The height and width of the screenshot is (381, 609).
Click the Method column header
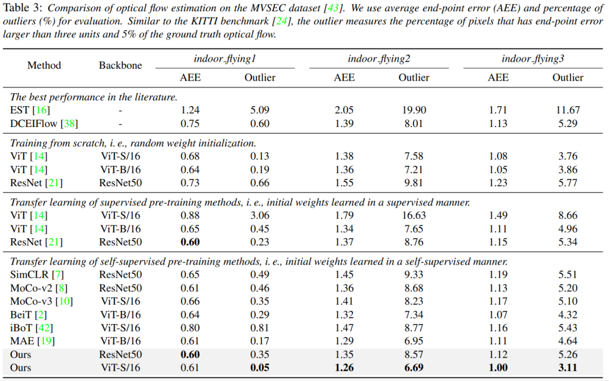44,65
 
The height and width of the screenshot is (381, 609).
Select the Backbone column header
121,65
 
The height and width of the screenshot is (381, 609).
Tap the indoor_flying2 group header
379,59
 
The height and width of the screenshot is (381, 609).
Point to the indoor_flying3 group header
532,59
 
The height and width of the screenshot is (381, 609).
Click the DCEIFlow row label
44,124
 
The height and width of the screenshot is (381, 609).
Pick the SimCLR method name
37,275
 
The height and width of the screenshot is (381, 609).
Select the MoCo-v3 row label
42,301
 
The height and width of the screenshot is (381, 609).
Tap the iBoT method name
32,328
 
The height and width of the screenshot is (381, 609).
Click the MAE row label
32,341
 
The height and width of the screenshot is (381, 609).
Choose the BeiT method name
28,314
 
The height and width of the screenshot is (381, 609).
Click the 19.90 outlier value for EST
414,111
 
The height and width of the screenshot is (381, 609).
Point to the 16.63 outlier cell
414,216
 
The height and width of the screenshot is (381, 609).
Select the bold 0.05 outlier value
260,368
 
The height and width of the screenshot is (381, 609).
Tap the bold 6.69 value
414,368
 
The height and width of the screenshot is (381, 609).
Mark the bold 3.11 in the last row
567,368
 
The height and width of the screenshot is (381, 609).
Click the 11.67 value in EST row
567,111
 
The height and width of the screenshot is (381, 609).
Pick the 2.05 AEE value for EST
344,111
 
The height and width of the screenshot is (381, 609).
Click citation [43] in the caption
333,8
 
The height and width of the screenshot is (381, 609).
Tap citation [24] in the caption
282,21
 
